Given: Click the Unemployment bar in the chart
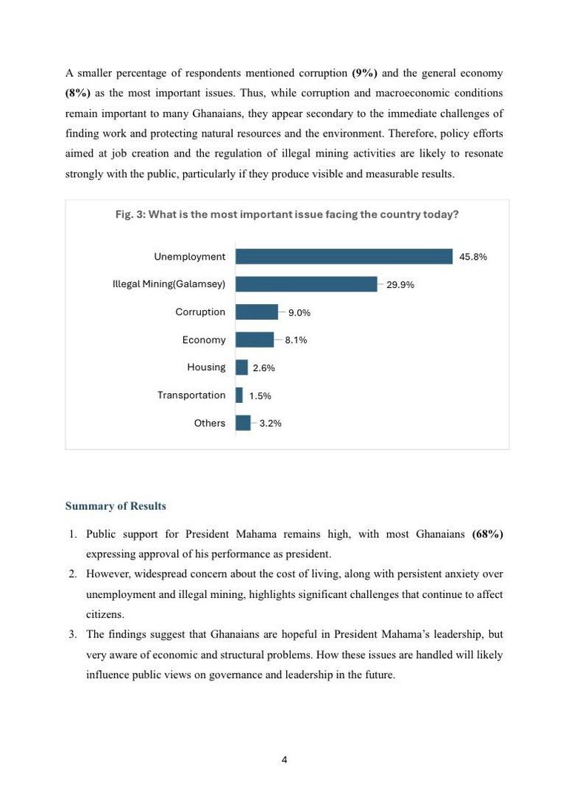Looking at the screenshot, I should point(343,257).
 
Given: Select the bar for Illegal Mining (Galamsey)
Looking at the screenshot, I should point(306,284).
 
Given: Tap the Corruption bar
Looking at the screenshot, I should point(257,312).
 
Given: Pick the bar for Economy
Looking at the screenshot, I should point(254,340).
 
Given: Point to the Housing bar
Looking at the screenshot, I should point(242,367).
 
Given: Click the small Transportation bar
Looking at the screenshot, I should point(239,395).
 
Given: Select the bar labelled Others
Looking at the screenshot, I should point(243,423).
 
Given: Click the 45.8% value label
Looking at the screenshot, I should point(473,257).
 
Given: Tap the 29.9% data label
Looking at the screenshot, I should point(400,285).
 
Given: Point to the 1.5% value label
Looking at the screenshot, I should point(260,396).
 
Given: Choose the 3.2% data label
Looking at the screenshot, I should point(270,424).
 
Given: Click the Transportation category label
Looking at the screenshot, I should point(191,395).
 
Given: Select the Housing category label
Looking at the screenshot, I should point(206,367).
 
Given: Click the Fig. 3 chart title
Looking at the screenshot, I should point(287,214).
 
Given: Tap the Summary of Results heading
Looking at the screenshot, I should point(116,506).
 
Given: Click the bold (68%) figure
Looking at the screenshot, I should point(487,534).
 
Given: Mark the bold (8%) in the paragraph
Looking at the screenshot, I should point(78,93).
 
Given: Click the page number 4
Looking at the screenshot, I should point(285,760).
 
